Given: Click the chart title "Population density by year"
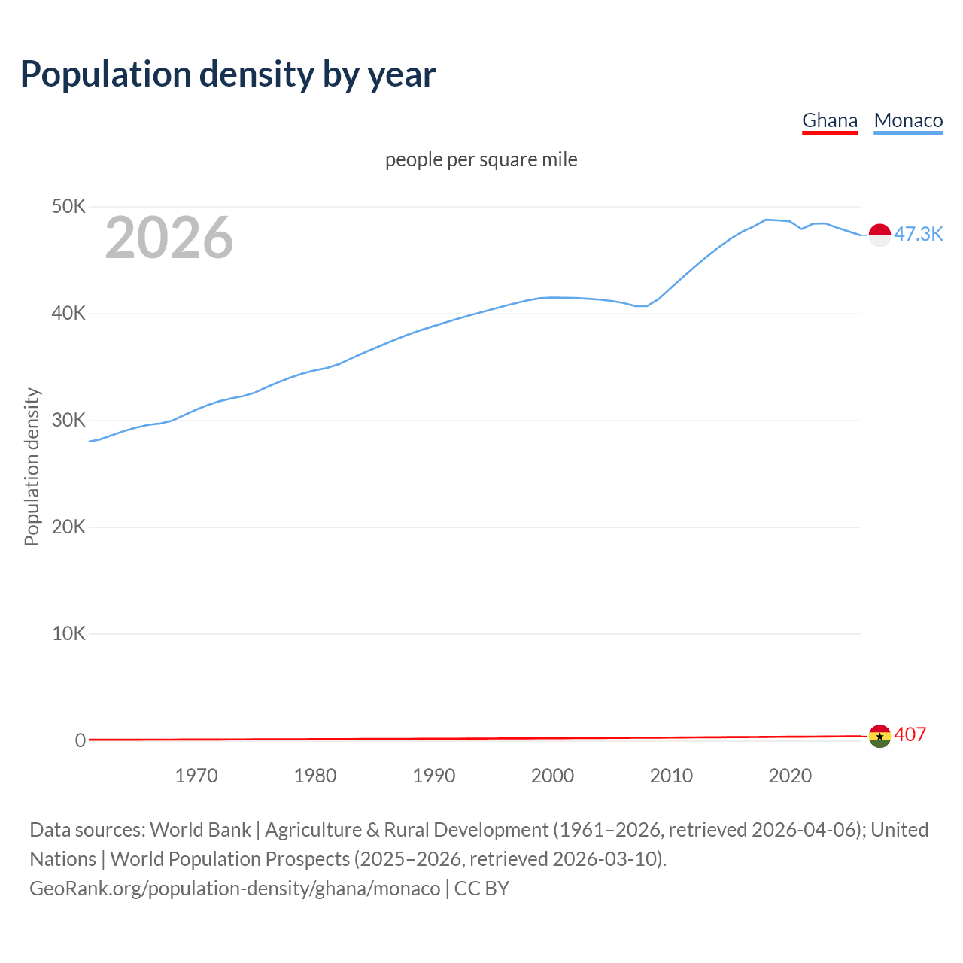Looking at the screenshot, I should point(228,74).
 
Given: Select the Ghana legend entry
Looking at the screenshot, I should point(830,120).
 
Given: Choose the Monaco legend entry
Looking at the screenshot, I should point(908,120).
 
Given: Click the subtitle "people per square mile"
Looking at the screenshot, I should point(481,159).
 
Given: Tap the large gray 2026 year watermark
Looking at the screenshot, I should point(169,238).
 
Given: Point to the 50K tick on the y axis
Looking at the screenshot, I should point(68,206).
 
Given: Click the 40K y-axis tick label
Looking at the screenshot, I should point(68,313).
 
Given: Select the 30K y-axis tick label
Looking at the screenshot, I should point(68,420).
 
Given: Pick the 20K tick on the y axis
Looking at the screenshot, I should point(68,527).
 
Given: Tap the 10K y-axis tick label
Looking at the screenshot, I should point(68,633).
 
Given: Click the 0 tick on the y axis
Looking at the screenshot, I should point(80,740).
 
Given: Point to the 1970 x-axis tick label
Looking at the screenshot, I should point(196,776).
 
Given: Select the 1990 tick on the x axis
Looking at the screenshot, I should point(434,776).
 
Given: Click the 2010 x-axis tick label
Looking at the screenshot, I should point(671,776).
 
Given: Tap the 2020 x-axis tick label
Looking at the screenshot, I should point(790,776).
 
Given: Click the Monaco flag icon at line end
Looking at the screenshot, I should point(879,235).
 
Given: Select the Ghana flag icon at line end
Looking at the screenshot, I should point(879,736).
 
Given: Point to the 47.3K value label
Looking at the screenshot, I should point(918,234).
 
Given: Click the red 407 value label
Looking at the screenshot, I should point(910,734).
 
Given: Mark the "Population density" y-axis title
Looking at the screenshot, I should point(32,466).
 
